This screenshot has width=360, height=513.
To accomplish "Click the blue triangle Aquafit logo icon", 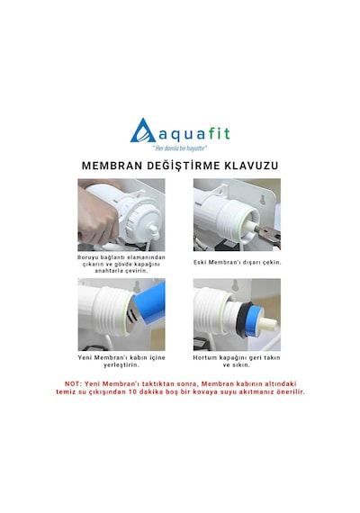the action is click(x=143, y=130).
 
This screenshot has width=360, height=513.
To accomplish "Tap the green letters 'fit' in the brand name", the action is click(x=220, y=133).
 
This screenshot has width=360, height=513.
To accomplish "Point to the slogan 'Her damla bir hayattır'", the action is click(x=180, y=148).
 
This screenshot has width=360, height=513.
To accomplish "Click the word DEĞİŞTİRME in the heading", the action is click(x=184, y=166).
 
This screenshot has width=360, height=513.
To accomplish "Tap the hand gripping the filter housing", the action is click(x=97, y=218).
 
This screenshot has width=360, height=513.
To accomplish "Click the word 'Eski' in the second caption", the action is click(x=200, y=263).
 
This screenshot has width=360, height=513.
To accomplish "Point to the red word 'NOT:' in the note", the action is click(x=73, y=383).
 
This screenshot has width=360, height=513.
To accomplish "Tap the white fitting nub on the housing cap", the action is click(x=153, y=229).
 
